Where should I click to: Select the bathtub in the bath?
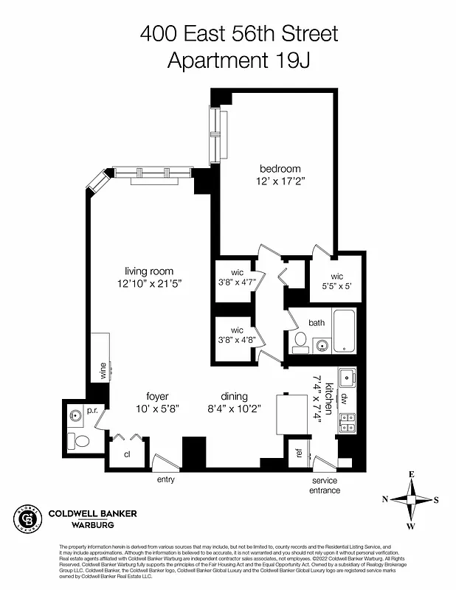point(345,332)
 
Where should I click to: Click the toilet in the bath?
point(300,341)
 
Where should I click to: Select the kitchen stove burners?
point(346,422)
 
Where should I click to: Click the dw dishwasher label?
point(345,398)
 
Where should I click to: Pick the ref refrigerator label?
point(299,454)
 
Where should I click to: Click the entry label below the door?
point(166,480)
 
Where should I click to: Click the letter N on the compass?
point(385,499)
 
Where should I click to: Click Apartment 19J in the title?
point(240,60)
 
